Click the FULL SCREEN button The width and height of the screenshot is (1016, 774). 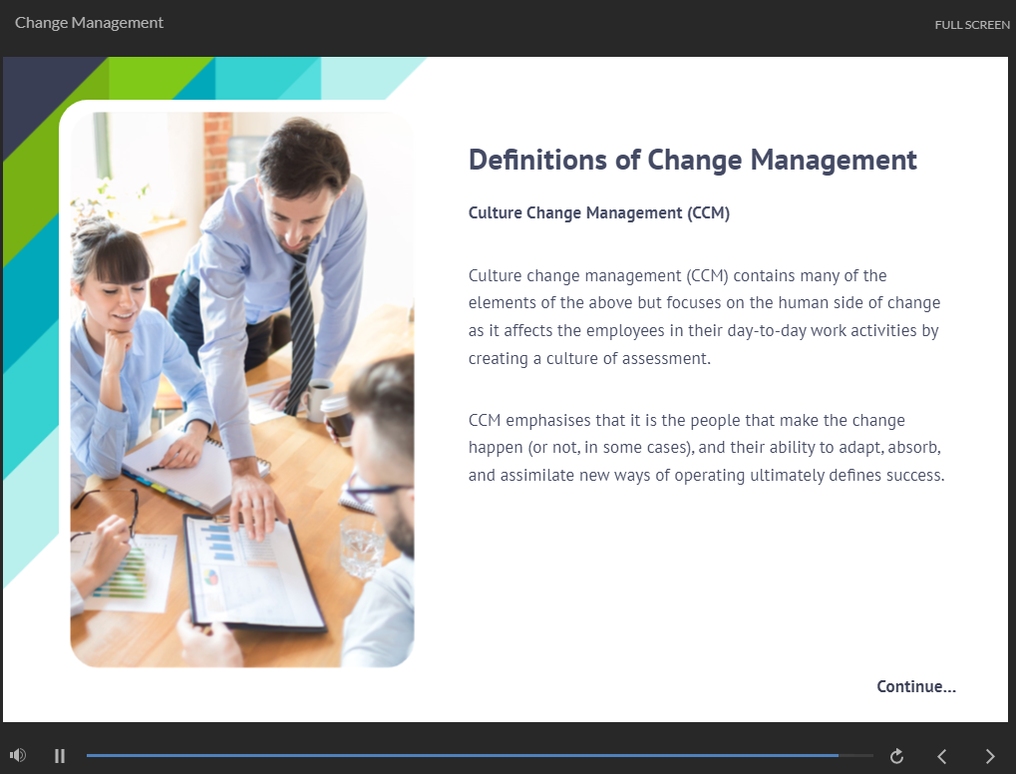972,25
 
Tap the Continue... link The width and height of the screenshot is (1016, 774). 916,686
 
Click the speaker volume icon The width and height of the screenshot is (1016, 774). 18,755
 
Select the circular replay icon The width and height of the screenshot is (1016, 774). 896,756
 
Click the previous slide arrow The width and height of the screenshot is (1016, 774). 942,756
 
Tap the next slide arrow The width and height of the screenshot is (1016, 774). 989,756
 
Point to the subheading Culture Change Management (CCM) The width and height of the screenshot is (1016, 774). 598,213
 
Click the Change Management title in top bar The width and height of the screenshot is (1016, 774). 89,23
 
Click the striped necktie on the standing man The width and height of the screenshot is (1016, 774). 301,330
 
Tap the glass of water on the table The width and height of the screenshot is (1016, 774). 362,547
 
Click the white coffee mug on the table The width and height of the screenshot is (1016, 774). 317,399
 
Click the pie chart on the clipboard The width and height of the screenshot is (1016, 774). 210,577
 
